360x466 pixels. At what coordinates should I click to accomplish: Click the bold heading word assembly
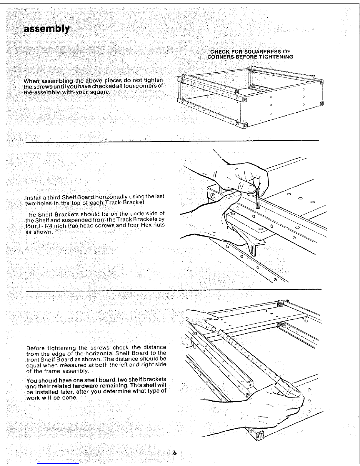click(47, 29)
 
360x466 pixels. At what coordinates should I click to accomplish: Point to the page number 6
click(175, 453)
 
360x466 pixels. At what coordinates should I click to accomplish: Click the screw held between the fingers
click(258, 199)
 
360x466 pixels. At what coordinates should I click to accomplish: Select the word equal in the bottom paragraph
click(34, 365)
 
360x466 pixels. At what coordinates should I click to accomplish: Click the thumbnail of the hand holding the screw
click(251, 189)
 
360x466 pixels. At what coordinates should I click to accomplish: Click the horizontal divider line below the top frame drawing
click(172, 141)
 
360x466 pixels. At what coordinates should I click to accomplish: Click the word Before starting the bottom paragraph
click(36, 348)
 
